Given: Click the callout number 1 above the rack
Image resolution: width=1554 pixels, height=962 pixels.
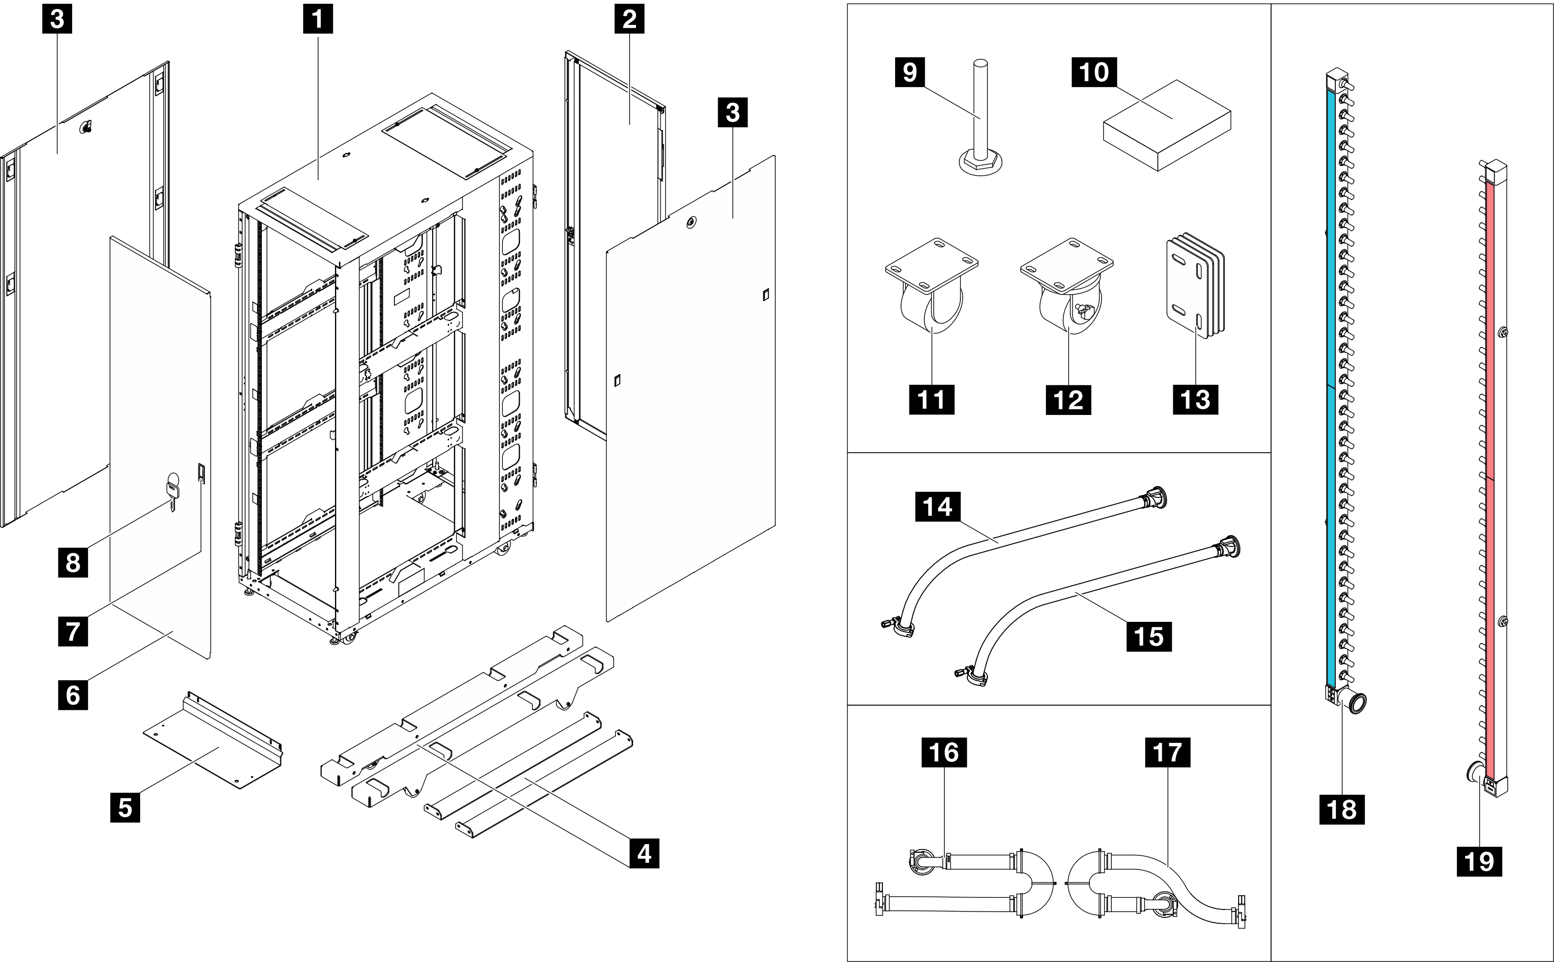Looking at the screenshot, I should click(x=317, y=19).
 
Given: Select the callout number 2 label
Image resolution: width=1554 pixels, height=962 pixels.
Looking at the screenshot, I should click(x=629, y=19).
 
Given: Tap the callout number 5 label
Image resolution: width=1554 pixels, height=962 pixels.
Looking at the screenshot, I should click(x=125, y=808).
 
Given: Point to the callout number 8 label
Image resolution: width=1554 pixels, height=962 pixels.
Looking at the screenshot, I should click(x=73, y=562).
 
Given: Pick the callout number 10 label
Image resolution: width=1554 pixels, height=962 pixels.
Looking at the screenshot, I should click(x=1094, y=72).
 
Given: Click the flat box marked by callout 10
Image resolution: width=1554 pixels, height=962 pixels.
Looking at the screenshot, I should click(x=1166, y=125).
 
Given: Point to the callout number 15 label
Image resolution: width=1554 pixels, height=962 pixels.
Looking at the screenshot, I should click(x=1148, y=636).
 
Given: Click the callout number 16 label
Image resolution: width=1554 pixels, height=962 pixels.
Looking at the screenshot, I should click(x=943, y=752).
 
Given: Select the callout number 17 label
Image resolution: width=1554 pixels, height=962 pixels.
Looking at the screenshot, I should click(x=1167, y=752).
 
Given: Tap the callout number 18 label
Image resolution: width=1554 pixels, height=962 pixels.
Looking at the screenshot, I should click(x=1342, y=809).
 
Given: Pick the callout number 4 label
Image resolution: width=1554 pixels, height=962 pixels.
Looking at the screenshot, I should click(x=644, y=853).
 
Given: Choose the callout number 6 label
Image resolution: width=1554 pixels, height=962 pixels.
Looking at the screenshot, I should click(x=73, y=694).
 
